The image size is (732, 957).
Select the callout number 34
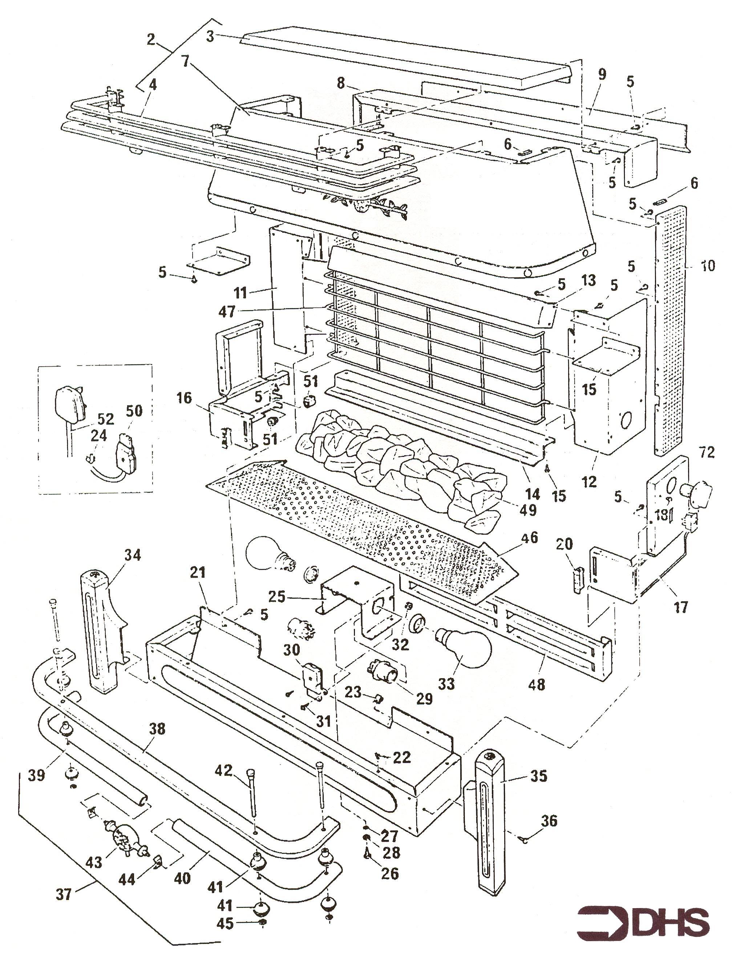(133, 555)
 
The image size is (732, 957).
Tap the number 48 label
(537, 685)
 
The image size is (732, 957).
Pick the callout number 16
(184, 398)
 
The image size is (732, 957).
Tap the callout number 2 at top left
(151, 39)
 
